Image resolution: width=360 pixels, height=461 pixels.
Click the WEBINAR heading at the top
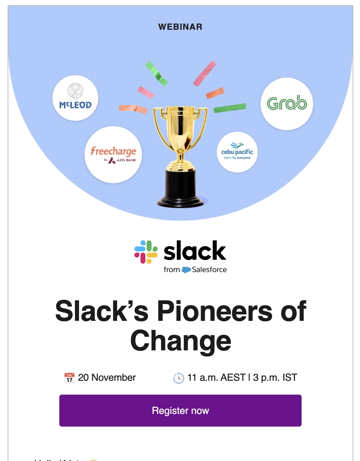coord(180,27)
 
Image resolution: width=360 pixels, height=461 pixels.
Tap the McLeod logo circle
coord(75,98)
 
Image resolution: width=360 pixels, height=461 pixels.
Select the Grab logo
coord(287,104)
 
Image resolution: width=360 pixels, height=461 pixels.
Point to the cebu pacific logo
coord(237,152)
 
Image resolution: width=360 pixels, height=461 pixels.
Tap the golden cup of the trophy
coord(180,126)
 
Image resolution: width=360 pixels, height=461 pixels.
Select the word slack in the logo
coord(195,251)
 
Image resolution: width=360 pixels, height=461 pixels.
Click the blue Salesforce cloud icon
coord(186,270)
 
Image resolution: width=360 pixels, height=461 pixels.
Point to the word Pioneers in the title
coord(214,311)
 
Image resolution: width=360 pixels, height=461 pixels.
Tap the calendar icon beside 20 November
coord(69,378)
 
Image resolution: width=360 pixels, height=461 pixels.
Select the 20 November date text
coord(107,378)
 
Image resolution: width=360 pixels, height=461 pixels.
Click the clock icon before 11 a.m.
coord(179,378)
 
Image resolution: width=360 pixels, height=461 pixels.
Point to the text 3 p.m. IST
coord(275,378)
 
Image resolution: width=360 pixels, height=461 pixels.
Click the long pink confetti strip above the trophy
coord(204,74)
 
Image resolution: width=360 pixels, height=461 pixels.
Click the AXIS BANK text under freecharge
coord(126,160)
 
